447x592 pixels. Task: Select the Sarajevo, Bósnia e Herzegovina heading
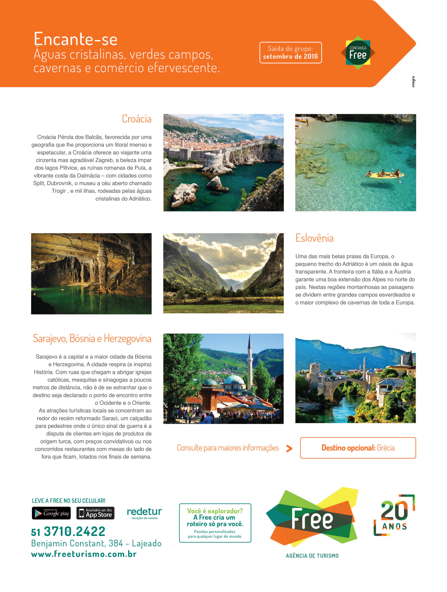pos(92,339)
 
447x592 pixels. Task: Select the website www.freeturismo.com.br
pos(84,554)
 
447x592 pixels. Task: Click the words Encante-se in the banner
pos(75,39)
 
